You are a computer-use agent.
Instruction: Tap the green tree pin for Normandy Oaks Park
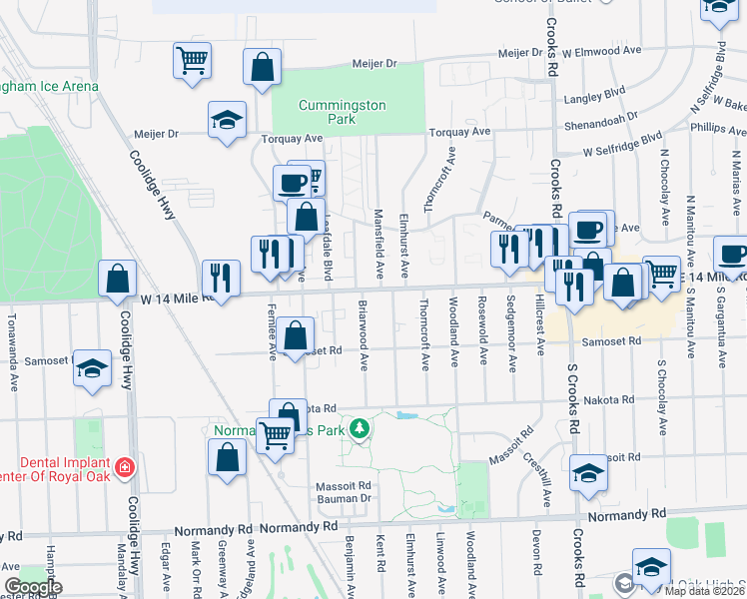360,430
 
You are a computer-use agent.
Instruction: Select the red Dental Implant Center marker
125,466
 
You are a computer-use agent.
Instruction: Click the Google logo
33,587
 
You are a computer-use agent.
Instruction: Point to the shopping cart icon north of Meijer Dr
192,59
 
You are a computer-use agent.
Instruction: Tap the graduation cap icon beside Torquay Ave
228,121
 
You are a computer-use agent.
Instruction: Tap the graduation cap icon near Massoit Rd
588,472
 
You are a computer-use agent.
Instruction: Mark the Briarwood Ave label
365,333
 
